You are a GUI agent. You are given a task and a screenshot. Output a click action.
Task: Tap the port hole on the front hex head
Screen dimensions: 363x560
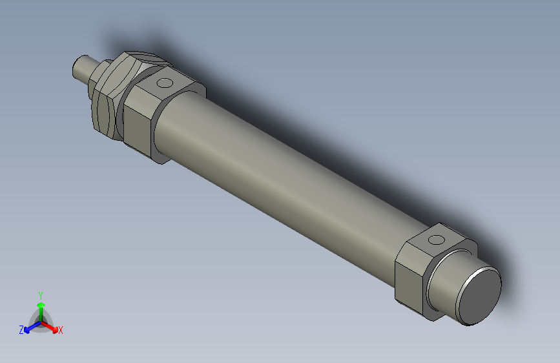(x=165, y=83)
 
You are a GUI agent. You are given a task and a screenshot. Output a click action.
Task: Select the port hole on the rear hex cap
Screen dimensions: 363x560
(x=437, y=240)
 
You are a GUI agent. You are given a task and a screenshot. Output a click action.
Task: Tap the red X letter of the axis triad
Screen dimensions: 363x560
(x=61, y=331)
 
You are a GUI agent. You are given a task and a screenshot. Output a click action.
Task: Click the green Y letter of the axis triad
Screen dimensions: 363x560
(x=40, y=295)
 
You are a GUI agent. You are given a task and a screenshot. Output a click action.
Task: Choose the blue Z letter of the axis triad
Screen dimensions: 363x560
(x=21, y=330)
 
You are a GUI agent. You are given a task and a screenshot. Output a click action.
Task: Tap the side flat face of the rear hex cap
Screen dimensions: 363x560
(x=408, y=278)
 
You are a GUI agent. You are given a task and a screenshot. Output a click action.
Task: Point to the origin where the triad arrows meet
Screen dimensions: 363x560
(x=41, y=321)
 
